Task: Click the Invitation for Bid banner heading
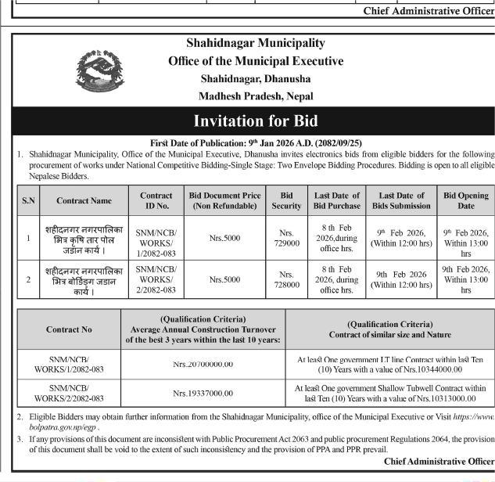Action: [256, 121]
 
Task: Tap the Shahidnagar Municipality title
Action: [256, 43]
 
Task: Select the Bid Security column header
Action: [286, 200]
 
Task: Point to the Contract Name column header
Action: [84, 201]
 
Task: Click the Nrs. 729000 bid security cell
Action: [286, 238]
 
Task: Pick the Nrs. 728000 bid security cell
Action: [286, 279]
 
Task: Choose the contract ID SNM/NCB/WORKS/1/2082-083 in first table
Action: [156, 238]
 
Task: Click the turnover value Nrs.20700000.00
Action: [203, 365]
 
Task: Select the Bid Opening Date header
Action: [465, 200]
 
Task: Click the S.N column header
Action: [28, 201]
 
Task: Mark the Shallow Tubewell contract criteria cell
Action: [390, 392]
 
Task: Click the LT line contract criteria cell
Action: [390, 365]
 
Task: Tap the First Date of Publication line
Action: [256, 143]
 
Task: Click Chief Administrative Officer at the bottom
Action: [439, 462]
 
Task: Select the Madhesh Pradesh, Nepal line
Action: [256, 96]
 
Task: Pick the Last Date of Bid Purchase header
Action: [336, 200]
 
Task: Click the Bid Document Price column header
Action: [224, 200]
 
